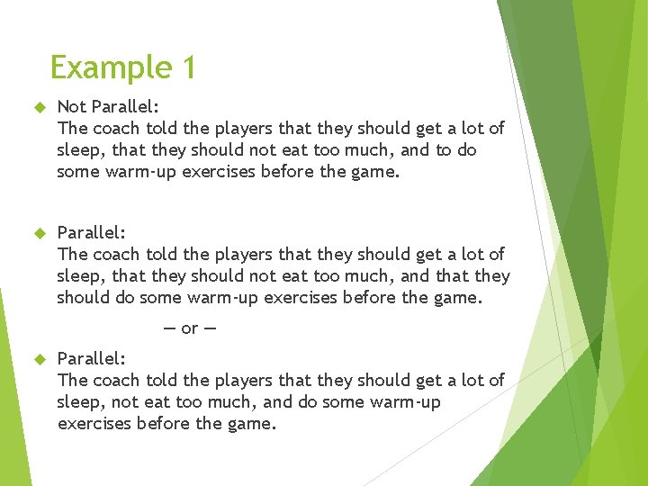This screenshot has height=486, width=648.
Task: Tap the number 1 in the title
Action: tap(186, 68)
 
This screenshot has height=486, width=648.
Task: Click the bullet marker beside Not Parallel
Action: tap(39, 107)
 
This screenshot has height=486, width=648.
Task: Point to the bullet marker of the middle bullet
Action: tap(39, 233)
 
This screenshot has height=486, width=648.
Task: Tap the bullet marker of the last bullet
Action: tap(39, 359)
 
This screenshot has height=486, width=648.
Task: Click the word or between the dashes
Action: tap(189, 328)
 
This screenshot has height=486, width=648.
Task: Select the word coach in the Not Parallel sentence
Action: tap(116, 129)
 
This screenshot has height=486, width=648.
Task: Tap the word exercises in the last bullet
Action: tap(94, 423)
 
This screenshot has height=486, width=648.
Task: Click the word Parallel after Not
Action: tap(126, 107)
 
